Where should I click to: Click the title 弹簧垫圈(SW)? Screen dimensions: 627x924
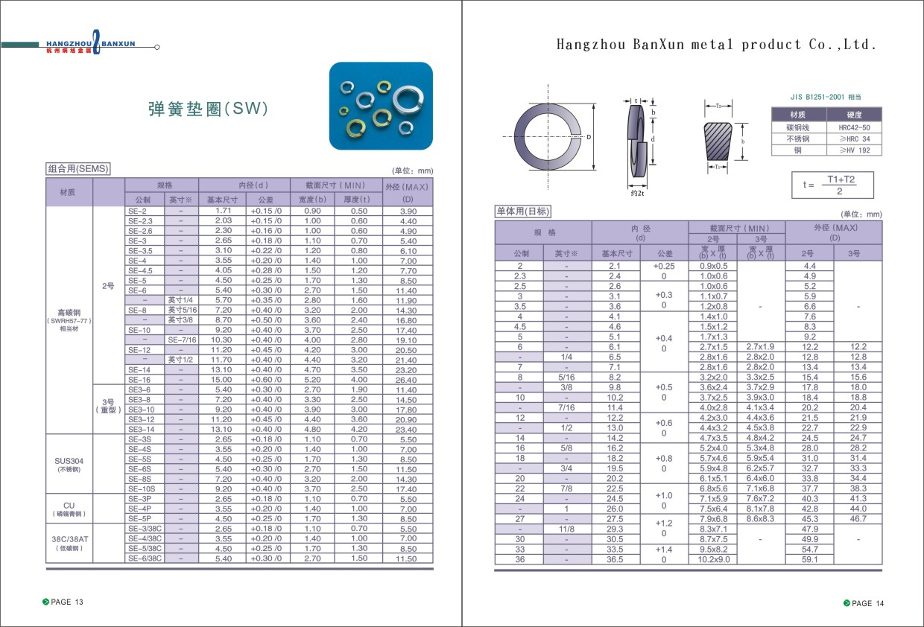point(208,109)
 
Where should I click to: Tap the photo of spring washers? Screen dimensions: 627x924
point(381,106)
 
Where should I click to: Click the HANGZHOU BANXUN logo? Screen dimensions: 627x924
point(90,45)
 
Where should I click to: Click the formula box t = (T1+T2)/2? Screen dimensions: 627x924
point(832,185)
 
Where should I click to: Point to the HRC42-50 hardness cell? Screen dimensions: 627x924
point(854,127)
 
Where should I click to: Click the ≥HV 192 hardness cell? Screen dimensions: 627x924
point(854,150)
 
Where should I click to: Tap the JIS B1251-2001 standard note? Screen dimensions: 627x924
point(826,97)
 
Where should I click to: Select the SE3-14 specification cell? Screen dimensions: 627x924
point(141,430)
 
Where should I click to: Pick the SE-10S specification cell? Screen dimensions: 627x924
point(141,489)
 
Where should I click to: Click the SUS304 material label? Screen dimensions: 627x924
point(69,461)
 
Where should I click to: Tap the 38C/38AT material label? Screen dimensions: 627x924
point(69,539)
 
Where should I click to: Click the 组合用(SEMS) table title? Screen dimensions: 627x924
point(78,169)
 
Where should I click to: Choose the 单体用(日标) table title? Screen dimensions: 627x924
point(523,211)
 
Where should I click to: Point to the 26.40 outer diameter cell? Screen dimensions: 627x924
point(407,380)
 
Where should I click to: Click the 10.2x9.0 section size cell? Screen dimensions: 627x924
point(713,559)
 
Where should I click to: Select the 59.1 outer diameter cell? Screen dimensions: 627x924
point(809,559)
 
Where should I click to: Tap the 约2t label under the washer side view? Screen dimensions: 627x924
point(637,193)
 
